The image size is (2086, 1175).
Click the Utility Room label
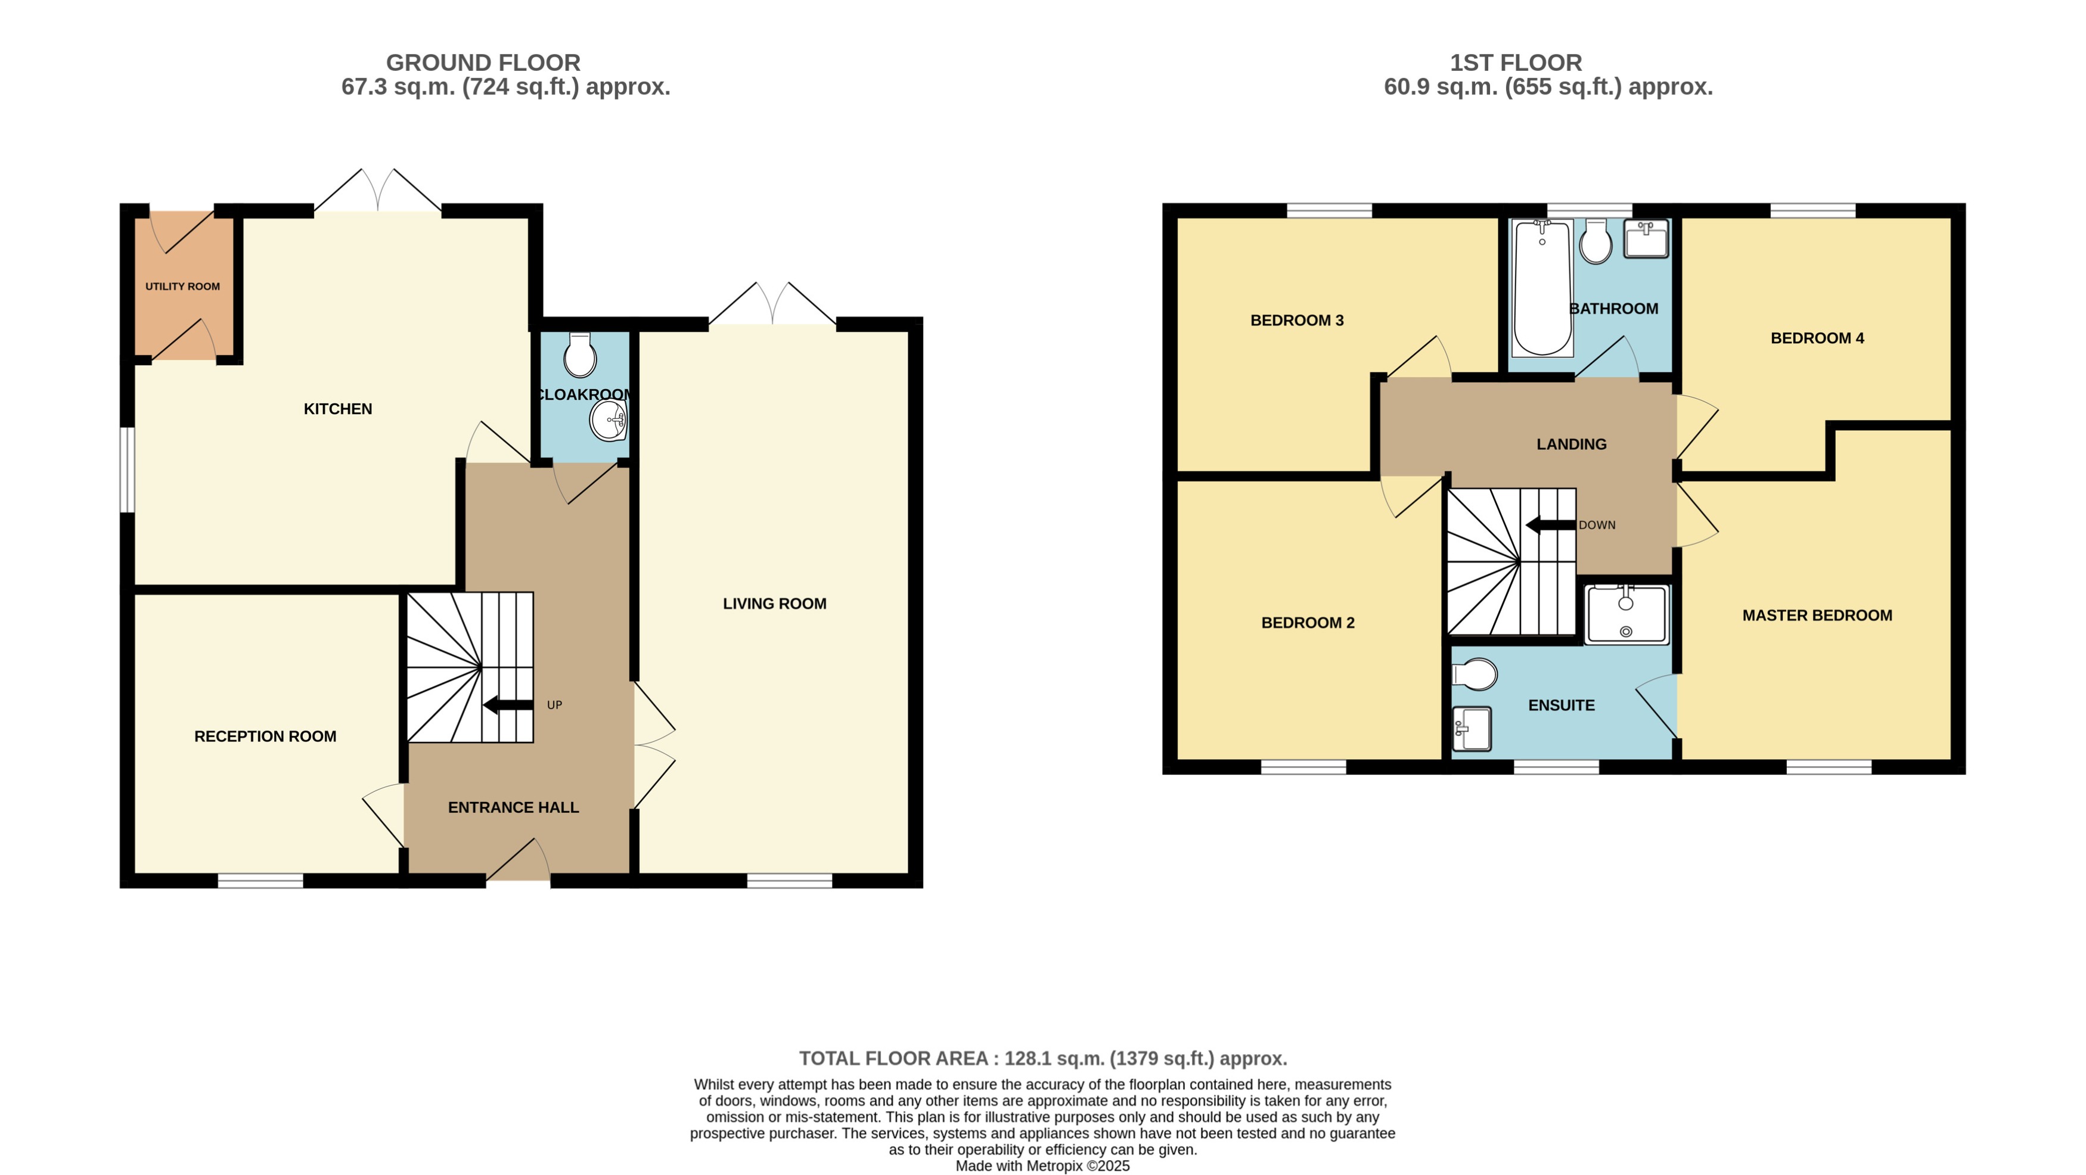182,287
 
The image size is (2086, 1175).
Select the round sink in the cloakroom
608,420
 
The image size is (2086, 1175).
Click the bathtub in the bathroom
1542,288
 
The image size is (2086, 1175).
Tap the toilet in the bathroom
1596,241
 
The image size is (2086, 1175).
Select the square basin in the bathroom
1646,239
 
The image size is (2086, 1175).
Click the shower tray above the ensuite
1626,616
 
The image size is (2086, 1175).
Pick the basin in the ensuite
1472,729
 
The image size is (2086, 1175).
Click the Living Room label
774,604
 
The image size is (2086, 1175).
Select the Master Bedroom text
1817,616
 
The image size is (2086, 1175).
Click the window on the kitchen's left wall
127,470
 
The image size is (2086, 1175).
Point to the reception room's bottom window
260,881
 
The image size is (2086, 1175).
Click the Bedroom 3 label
1296,321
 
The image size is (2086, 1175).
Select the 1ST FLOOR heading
1515,63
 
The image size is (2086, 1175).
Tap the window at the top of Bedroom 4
1812,210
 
